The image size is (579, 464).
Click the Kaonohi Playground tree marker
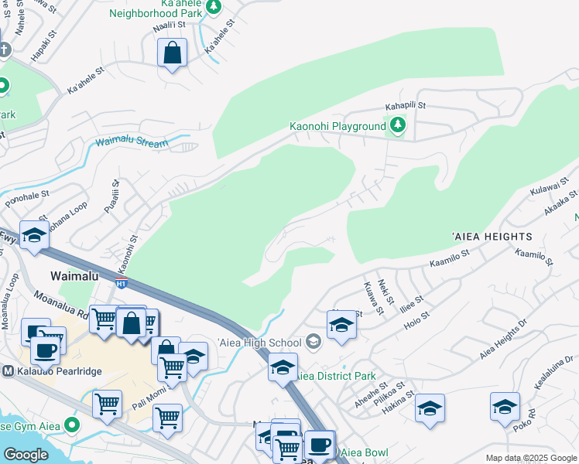[397, 125]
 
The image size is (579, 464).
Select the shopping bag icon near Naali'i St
[173, 53]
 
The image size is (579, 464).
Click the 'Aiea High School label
[259, 343]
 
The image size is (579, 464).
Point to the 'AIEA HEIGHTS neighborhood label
[492, 236]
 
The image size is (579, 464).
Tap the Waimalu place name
[77, 275]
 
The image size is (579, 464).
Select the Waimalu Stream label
[131, 142]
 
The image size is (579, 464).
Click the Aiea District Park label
[337, 376]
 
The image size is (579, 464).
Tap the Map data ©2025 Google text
[531, 458]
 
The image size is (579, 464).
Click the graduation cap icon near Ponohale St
[34, 238]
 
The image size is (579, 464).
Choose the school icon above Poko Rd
[505, 408]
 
